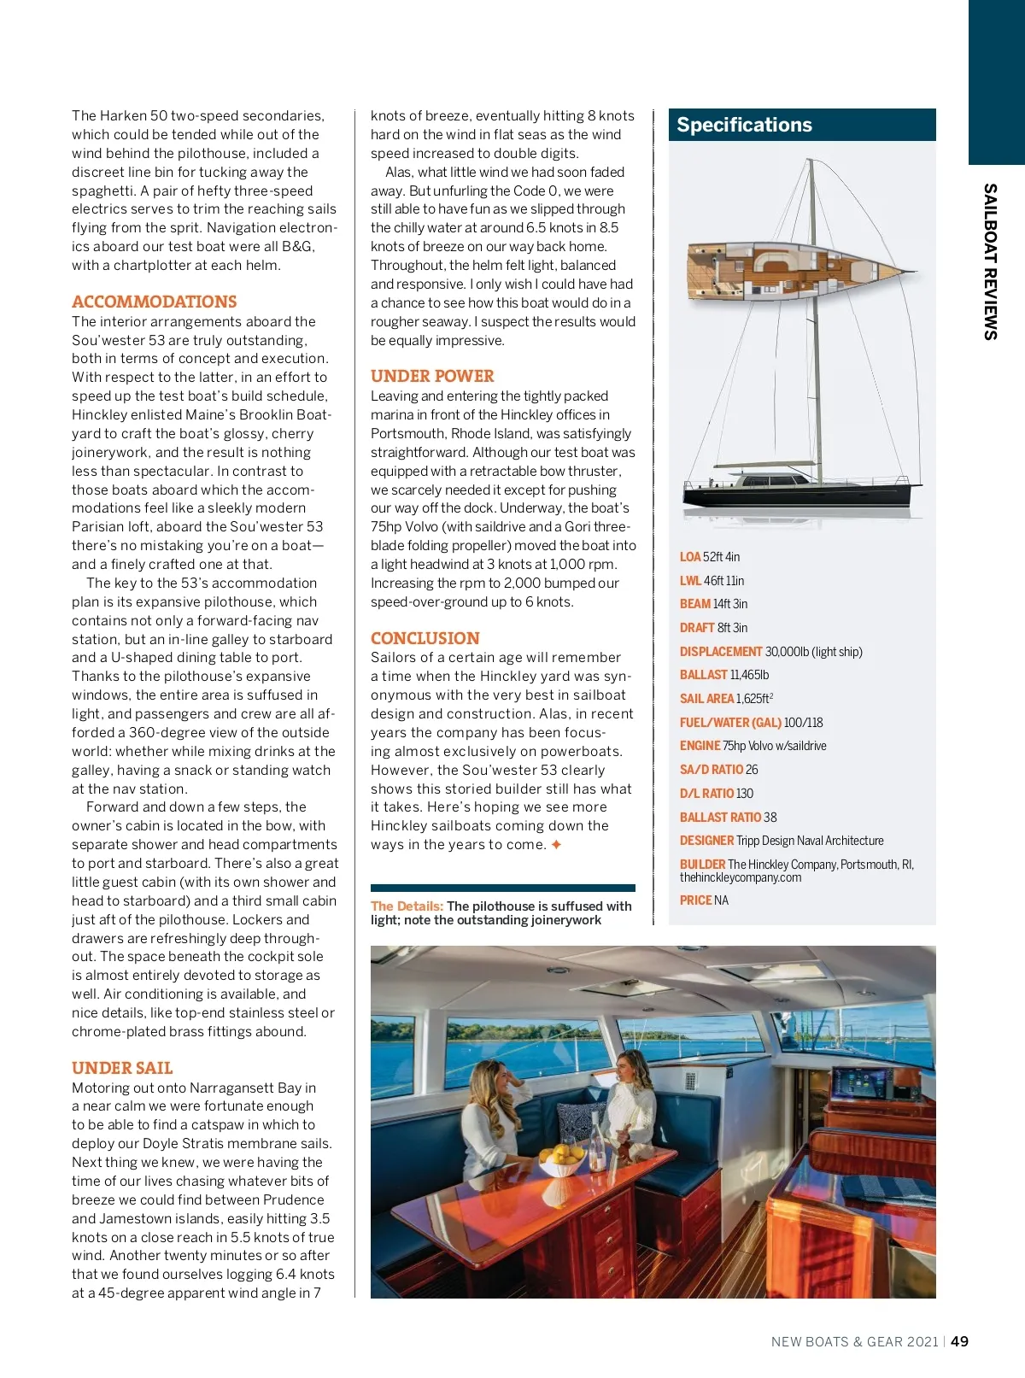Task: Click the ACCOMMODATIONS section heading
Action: (154, 302)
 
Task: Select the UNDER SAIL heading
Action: (122, 1068)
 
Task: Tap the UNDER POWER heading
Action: (432, 376)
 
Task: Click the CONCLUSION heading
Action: (425, 638)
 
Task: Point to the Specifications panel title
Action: (744, 125)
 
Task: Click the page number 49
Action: (960, 1341)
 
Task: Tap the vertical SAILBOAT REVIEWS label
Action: (990, 261)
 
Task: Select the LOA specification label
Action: (689, 557)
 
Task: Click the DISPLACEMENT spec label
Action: (720, 652)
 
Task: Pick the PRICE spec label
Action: (695, 900)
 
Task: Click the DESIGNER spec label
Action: (706, 841)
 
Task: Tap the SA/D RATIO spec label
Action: (711, 770)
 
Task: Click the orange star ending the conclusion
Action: (556, 845)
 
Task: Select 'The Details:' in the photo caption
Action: (407, 906)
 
